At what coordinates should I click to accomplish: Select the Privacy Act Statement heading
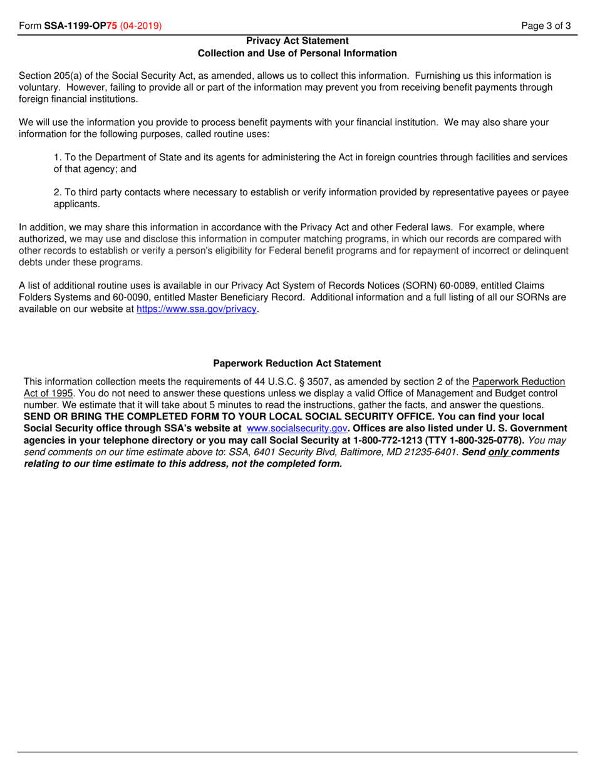pos(297,41)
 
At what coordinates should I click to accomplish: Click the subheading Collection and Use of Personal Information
pos(297,53)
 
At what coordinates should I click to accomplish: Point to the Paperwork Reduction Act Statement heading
pos(297,363)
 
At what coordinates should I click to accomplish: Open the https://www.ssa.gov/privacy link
pos(197,309)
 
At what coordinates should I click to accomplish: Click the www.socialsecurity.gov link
pos(297,429)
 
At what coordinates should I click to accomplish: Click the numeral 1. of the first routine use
pos(58,157)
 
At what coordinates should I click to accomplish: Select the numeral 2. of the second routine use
pos(58,192)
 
